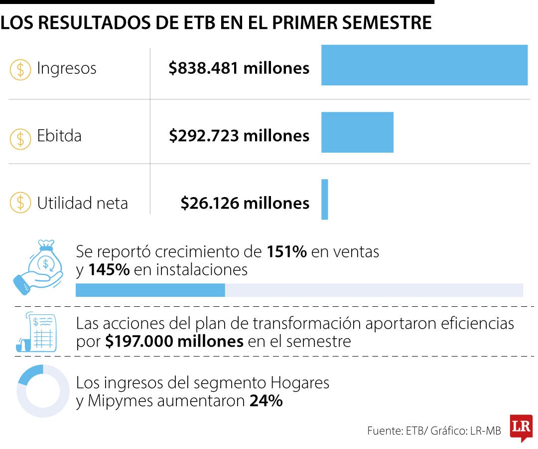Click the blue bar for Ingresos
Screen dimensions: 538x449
tap(424, 65)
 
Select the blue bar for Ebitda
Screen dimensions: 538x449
tap(357, 132)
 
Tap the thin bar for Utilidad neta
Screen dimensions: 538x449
tap(325, 199)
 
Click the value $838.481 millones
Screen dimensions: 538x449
tap(239, 68)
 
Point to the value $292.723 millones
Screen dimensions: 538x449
tap(239, 136)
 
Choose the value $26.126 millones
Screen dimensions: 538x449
tap(245, 203)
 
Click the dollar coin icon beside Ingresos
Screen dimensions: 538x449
tap(20, 70)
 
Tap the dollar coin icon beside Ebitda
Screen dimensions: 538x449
tap(20, 139)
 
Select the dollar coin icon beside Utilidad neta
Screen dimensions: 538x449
tap(20, 203)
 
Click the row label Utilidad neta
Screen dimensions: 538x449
tap(82, 203)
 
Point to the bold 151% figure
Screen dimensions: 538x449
tap(287, 252)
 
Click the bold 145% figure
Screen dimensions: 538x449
tap(109, 270)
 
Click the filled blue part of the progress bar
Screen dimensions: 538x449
tap(150, 290)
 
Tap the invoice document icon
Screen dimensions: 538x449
tap(36, 332)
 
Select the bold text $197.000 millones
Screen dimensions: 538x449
tap(174, 341)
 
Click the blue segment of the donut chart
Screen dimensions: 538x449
tap(30, 374)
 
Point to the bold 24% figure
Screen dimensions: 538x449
tap(266, 401)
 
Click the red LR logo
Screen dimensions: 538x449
tap(522, 428)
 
